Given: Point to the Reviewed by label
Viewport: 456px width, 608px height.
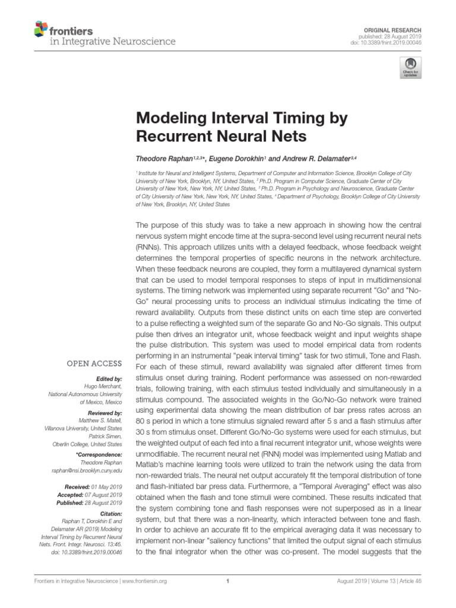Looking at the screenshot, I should [x=105, y=411].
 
